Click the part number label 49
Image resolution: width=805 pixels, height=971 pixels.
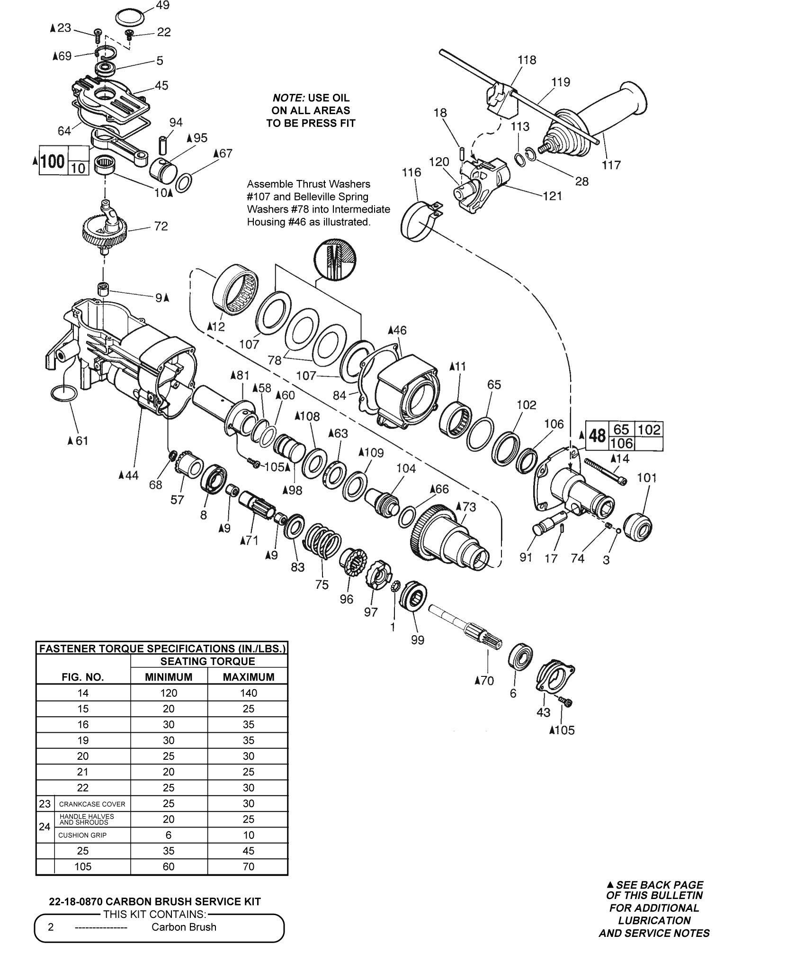162,6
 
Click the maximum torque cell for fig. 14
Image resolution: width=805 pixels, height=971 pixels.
248,693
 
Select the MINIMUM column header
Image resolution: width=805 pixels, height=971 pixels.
169,677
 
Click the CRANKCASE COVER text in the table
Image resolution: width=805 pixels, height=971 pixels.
92,804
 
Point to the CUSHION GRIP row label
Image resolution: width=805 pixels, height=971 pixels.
82,835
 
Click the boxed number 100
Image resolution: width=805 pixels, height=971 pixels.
52,162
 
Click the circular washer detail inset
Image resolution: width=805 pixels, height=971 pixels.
335,260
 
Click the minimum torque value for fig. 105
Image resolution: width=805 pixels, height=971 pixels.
169,866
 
